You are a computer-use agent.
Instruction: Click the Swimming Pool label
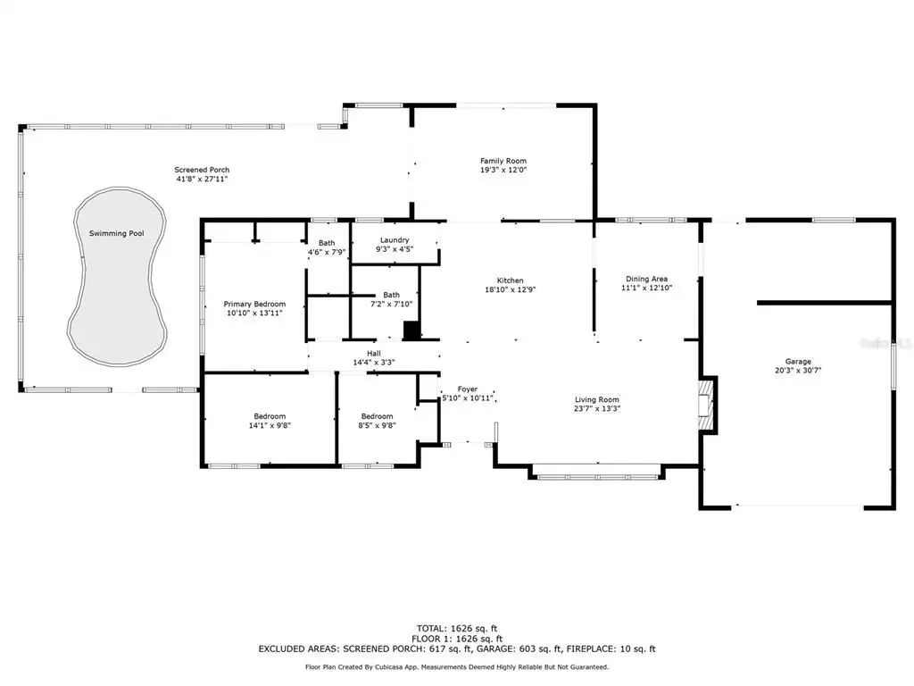pyautogui.click(x=117, y=233)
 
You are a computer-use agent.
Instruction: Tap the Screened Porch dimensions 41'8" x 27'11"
pyautogui.click(x=202, y=179)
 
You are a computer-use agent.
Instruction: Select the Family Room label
pyautogui.click(x=503, y=161)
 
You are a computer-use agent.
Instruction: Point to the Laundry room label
pyautogui.click(x=395, y=239)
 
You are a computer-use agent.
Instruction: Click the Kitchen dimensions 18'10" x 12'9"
pyautogui.click(x=510, y=289)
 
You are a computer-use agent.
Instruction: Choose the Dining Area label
pyautogui.click(x=646, y=279)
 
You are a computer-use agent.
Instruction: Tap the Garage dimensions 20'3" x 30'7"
pyautogui.click(x=798, y=370)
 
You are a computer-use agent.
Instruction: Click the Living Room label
pyautogui.click(x=597, y=399)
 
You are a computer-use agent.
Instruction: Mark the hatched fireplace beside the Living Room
pyautogui.click(x=707, y=406)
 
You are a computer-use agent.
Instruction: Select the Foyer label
pyautogui.click(x=468, y=389)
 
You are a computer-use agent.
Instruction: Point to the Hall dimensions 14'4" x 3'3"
pyautogui.click(x=374, y=363)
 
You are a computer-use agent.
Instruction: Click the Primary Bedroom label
pyautogui.click(x=254, y=304)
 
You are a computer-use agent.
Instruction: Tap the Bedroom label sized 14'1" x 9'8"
pyautogui.click(x=270, y=416)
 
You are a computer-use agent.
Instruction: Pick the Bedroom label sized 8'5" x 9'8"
pyautogui.click(x=378, y=416)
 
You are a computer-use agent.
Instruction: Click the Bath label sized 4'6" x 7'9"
pyautogui.click(x=327, y=243)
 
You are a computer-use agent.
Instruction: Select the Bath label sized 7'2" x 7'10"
pyautogui.click(x=391, y=295)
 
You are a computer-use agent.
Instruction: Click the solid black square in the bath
pyautogui.click(x=411, y=330)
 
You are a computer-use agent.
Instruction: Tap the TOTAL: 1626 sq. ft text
pyautogui.click(x=457, y=628)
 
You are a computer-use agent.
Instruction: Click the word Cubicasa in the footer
pyautogui.click(x=393, y=666)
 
